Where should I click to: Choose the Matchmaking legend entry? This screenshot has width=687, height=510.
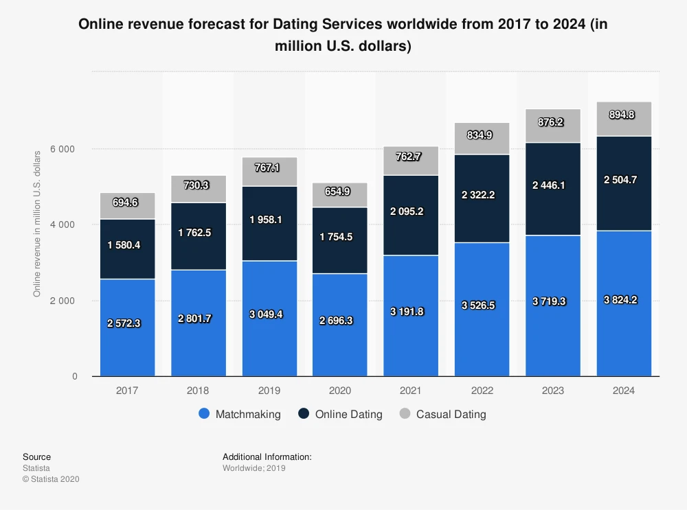(x=240, y=414)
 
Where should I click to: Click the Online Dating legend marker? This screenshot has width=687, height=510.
(x=304, y=414)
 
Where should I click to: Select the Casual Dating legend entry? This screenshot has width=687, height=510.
(x=442, y=414)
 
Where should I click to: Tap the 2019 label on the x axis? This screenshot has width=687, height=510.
(x=269, y=390)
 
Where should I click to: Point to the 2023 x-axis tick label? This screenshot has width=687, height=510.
(x=553, y=390)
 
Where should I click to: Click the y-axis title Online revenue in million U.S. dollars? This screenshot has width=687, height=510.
(x=37, y=223)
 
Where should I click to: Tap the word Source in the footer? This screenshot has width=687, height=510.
(x=36, y=456)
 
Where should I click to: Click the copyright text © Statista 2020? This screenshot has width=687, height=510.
(x=51, y=479)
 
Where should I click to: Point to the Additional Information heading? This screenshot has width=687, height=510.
(x=267, y=456)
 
